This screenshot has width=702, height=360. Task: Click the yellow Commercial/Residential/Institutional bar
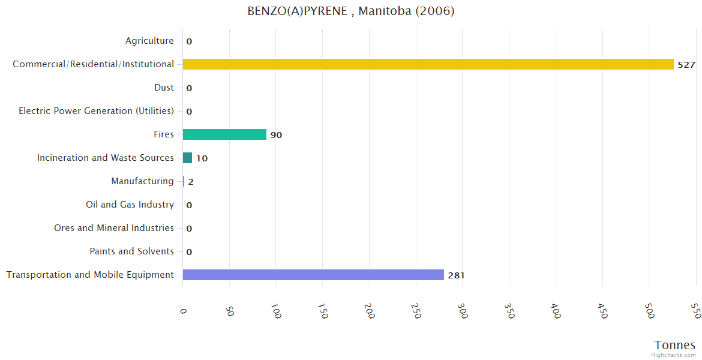tap(428, 64)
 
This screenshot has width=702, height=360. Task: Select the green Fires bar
tap(224, 134)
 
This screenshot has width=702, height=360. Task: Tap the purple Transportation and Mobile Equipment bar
tap(313, 275)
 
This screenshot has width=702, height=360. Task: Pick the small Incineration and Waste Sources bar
tap(187, 158)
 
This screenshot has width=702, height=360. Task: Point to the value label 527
tap(686, 65)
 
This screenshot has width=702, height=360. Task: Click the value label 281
tap(456, 275)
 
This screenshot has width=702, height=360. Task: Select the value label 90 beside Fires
tap(276, 135)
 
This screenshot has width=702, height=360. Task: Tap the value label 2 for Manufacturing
tap(191, 182)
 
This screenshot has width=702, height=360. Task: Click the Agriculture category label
tap(149, 41)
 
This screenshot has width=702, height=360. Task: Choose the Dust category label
tap(164, 88)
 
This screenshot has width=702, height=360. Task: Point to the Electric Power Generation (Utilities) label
tap(96, 111)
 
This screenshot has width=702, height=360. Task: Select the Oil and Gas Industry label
tap(130, 205)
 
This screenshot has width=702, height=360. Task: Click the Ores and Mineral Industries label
tap(114, 228)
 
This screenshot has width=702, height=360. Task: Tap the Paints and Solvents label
tap(131, 251)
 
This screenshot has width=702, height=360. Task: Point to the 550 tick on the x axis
tap(695, 311)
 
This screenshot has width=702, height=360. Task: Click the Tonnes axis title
tap(674, 345)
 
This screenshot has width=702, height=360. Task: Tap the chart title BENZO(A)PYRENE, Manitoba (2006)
tap(351, 11)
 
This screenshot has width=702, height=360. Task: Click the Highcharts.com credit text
tap(673, 355)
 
